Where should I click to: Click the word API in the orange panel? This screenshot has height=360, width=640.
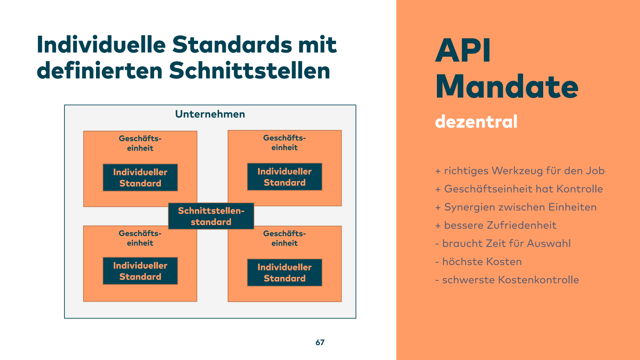click(x=463, y=51)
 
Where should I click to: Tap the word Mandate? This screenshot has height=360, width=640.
click(x=507, y=87)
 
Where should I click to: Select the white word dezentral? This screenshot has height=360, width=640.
click(x=476, y=122)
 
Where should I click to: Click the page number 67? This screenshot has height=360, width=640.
click(x=320, y=342)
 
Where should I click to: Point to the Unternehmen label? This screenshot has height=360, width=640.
click(x=210, y=114)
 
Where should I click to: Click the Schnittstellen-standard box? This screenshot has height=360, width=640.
click(x=211, y=216)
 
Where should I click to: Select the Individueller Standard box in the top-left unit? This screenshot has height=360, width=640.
click(x=140, y=178)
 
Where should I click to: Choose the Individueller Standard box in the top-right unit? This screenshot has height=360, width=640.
click(x=284, y=177)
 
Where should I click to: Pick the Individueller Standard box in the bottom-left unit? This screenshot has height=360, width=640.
click(x=140, y=271)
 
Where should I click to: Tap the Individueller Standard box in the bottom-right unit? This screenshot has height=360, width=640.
click(x=284, y=273)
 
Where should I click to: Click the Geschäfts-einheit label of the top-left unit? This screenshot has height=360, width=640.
click(x=140, y=143)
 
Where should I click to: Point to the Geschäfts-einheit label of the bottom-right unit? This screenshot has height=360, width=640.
click(x=284, y=238)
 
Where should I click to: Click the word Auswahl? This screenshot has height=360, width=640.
click(x=549, y=243)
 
